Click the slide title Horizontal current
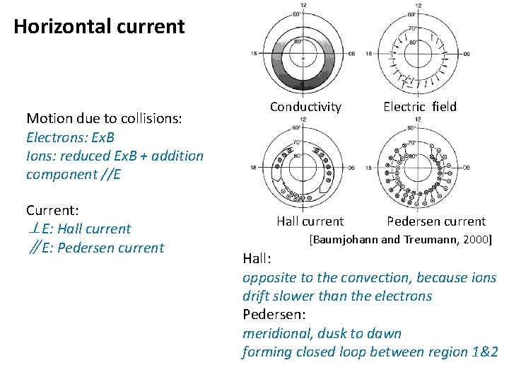99,27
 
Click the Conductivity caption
305,107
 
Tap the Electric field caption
420,107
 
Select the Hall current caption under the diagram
310,221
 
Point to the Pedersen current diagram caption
436,221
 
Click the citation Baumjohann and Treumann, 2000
401,240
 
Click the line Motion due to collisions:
105,118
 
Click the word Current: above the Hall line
52,210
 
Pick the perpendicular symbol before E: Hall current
33,228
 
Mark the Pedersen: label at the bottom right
273,314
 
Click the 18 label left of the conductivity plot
253,54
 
